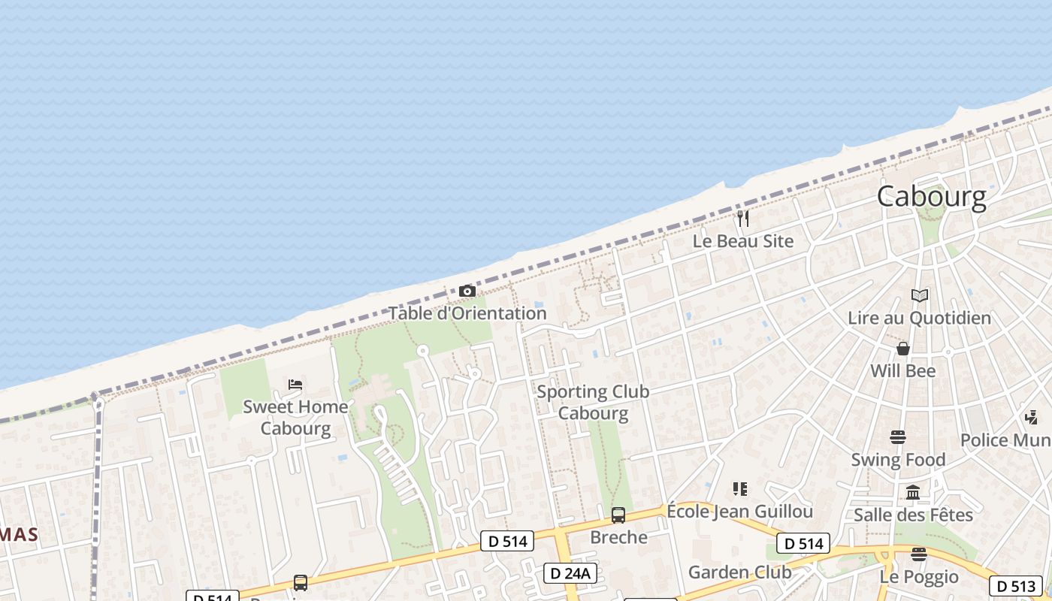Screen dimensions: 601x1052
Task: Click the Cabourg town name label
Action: point(931,196)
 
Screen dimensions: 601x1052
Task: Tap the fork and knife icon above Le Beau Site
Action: point(743,219)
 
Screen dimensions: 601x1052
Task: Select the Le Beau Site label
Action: point(742,241)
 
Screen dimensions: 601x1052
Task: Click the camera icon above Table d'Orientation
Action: point(467,291)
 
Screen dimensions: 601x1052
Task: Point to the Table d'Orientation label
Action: point(467,313)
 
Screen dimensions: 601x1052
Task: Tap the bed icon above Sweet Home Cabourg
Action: point(295,385)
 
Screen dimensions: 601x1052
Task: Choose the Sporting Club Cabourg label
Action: point(593,402)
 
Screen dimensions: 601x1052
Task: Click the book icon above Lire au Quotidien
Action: point(919,295)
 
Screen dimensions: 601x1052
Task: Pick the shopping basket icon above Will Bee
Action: point(903,349)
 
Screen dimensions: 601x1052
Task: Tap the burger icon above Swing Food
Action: point(897,436)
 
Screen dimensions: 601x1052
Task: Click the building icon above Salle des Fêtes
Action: point(913,493)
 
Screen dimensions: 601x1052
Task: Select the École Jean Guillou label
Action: point(739,512)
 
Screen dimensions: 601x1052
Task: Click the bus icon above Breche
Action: point(618,515)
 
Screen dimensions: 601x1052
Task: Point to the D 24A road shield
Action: point(570,573)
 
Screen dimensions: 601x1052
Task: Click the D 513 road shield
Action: point(1016,586)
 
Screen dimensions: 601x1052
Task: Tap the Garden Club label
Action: point(739,572)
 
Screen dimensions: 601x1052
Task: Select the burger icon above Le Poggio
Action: point(918,554)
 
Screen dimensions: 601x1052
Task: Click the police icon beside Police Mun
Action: point(1031,418)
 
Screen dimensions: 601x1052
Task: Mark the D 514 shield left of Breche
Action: point(507,541)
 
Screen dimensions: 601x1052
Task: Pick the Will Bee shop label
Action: point(902,371)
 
